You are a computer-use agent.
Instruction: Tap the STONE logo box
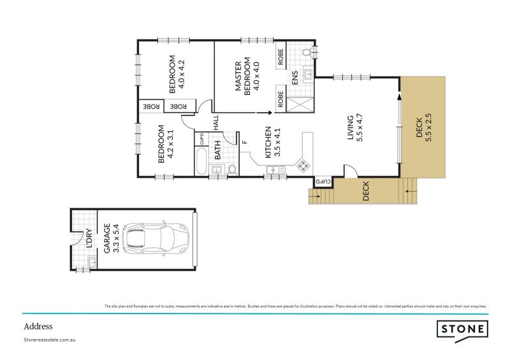point(463,329)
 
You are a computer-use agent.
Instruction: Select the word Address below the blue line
point(38,326)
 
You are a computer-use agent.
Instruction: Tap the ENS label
point(295,78)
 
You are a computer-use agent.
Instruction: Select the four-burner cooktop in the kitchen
point(302,165)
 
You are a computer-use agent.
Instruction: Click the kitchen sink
point(276,169)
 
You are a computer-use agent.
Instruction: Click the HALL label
point(216,122)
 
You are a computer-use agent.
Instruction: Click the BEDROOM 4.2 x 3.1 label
point(165,145)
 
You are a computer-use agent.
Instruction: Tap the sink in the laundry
point(91,261)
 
